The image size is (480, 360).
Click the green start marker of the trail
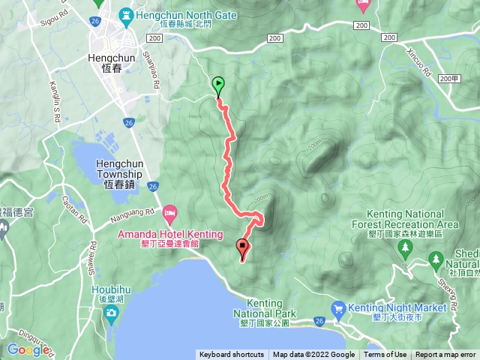[218, 85]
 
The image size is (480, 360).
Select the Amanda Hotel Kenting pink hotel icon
[170, 215]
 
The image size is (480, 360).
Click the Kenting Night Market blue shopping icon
[338, 307]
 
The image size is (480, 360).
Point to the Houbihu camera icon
[111, 312]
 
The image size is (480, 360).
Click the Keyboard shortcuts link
[232, 355]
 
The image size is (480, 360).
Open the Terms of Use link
[385, 355]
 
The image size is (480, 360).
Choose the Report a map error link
[445, 355]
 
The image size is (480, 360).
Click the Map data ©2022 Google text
[313, 355]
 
